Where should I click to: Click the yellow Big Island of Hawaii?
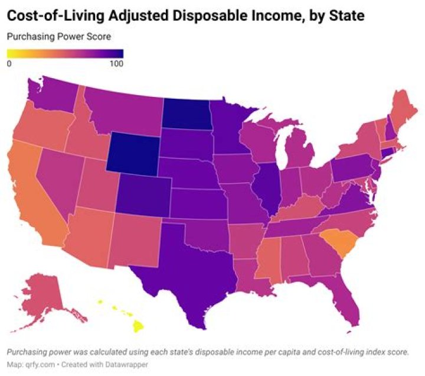(138, 326)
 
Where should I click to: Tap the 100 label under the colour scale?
(116, 64)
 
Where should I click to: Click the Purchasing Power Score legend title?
(58, 37)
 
